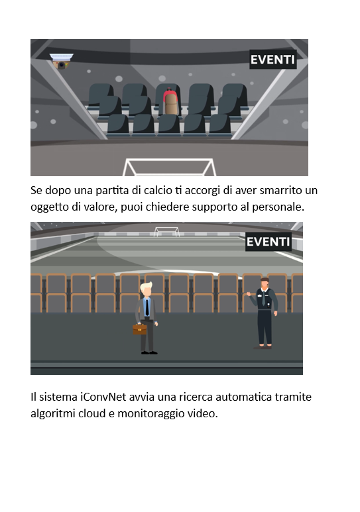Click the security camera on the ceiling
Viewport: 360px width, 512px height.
[62, 61]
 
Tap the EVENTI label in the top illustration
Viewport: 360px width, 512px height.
[272, 60]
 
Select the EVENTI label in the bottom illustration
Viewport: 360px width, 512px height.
[268, 242]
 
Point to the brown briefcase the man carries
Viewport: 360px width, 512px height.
[140, 329]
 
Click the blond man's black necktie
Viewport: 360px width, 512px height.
[147, 307]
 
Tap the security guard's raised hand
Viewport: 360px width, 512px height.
[249, 294]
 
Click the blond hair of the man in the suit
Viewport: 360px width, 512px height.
[146, 287]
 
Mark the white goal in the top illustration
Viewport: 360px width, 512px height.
[169, 167]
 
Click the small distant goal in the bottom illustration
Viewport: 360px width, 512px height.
[167, 232]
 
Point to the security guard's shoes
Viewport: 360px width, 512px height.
[263, 346]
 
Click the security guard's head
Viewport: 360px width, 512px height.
[265, 283]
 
